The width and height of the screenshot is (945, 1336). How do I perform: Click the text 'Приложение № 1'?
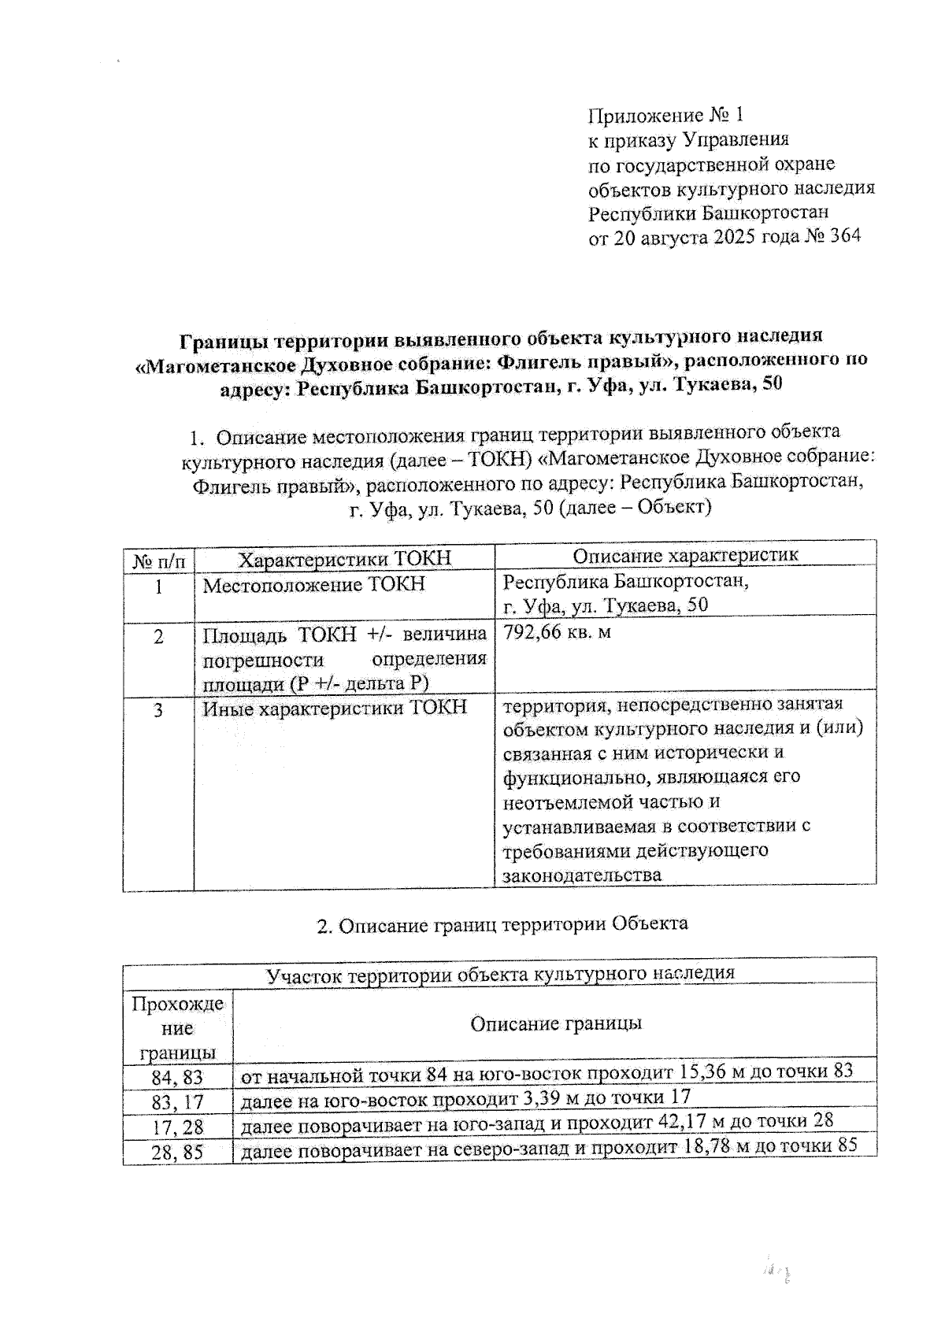click(665, 117)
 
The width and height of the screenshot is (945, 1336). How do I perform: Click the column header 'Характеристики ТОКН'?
click(345, 559)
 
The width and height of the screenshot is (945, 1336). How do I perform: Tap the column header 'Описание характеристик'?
click(685, 555)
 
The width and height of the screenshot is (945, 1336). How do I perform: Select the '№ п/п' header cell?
click(158, 561)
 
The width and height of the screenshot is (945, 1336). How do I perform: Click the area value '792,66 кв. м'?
click(557, 632)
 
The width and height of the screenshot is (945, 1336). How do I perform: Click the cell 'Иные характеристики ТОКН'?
click(335, 707)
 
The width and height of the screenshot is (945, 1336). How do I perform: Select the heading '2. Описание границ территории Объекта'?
click(502, 923)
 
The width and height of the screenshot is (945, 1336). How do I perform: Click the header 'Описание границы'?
click(555, 1023)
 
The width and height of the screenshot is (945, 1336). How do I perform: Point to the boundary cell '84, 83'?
click(178, 1076)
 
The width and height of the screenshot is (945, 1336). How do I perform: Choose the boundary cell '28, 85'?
click(178, 1152)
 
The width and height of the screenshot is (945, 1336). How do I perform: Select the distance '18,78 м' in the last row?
click(717, 1146)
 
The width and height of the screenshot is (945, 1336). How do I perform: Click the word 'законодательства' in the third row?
click(582, 875)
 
